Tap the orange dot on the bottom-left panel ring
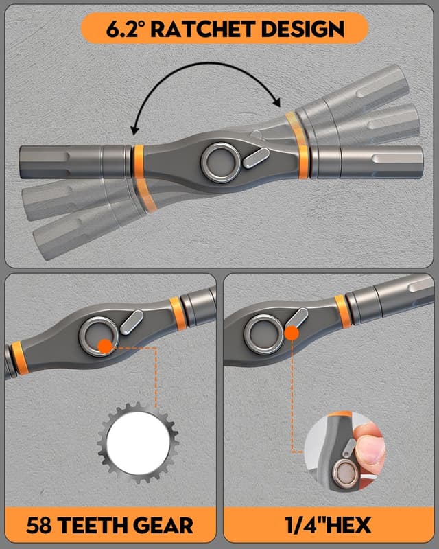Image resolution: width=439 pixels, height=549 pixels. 105,346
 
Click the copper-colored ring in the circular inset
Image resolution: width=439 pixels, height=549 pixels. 341,474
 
